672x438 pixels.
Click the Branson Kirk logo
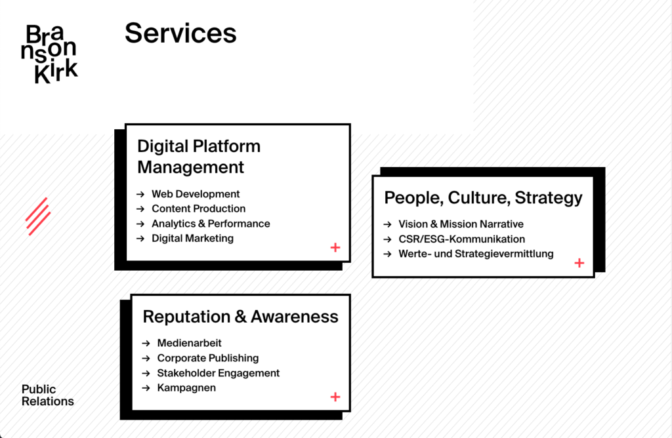49,54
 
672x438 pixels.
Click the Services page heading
180,33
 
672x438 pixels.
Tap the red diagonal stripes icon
38,216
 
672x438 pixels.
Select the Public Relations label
47,395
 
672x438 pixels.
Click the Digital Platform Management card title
199,157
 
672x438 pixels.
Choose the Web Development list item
196,194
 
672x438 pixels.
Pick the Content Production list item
198,209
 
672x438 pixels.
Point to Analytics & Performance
211,224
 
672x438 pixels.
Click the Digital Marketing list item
192,238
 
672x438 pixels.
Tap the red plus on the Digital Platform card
335,247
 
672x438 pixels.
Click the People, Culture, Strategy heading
483,198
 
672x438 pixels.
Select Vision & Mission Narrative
461,224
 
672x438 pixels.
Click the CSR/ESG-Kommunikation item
461,239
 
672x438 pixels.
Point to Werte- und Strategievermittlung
476,254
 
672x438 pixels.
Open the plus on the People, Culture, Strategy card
579,263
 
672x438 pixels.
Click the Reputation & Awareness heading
240,317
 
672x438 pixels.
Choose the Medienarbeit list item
189,343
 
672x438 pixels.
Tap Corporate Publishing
208,358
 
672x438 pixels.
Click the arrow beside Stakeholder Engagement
146,373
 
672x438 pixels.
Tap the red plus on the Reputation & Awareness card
335,397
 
